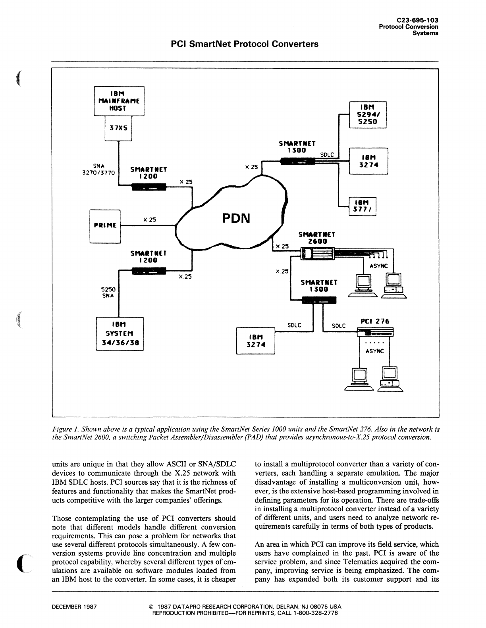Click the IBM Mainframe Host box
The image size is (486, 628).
pos(119,101)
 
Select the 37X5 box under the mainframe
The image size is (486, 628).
pos(118,128)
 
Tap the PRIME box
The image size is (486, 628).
pos(105,225)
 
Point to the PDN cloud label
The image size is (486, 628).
pos(236,218)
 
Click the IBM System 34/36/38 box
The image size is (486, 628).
pos(120,333)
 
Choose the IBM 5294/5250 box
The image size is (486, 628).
pos(367,115)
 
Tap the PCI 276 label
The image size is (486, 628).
pos(375,321)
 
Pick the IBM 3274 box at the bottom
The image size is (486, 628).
pos(256,341)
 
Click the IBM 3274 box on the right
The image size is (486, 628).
pos(368,161)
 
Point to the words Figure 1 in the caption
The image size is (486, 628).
pos(65,429)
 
